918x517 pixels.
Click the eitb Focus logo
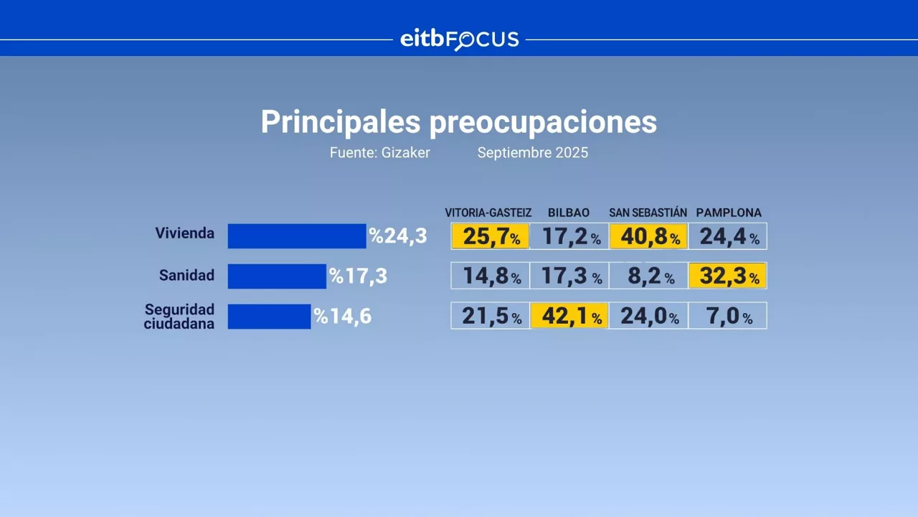(459, 39)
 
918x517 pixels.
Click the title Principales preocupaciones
(458, 122)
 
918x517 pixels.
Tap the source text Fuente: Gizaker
(379, 153)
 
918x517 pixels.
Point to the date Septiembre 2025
(532, 153)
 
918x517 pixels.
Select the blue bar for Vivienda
(296, 236)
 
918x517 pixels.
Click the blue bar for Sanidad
(277, 276)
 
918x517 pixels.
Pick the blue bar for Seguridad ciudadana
(269, 316)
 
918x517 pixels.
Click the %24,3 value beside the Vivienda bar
(397, 236)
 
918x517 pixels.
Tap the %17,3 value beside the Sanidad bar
(358, 276)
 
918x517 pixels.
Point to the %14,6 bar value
(343, 316)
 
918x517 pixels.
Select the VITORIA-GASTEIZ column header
(488, 213)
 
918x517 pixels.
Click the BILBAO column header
(569, 213)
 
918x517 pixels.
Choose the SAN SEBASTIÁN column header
(648, 213)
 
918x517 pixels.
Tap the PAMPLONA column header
(728, 213)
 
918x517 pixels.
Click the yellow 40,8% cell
(648, 236)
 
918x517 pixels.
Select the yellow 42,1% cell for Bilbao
(569, 316)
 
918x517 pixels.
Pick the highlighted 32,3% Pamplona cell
(727, 276)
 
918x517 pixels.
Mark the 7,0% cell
(727, 316)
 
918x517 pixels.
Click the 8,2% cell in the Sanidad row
(648, 276)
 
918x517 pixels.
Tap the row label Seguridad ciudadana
(179, 316)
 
